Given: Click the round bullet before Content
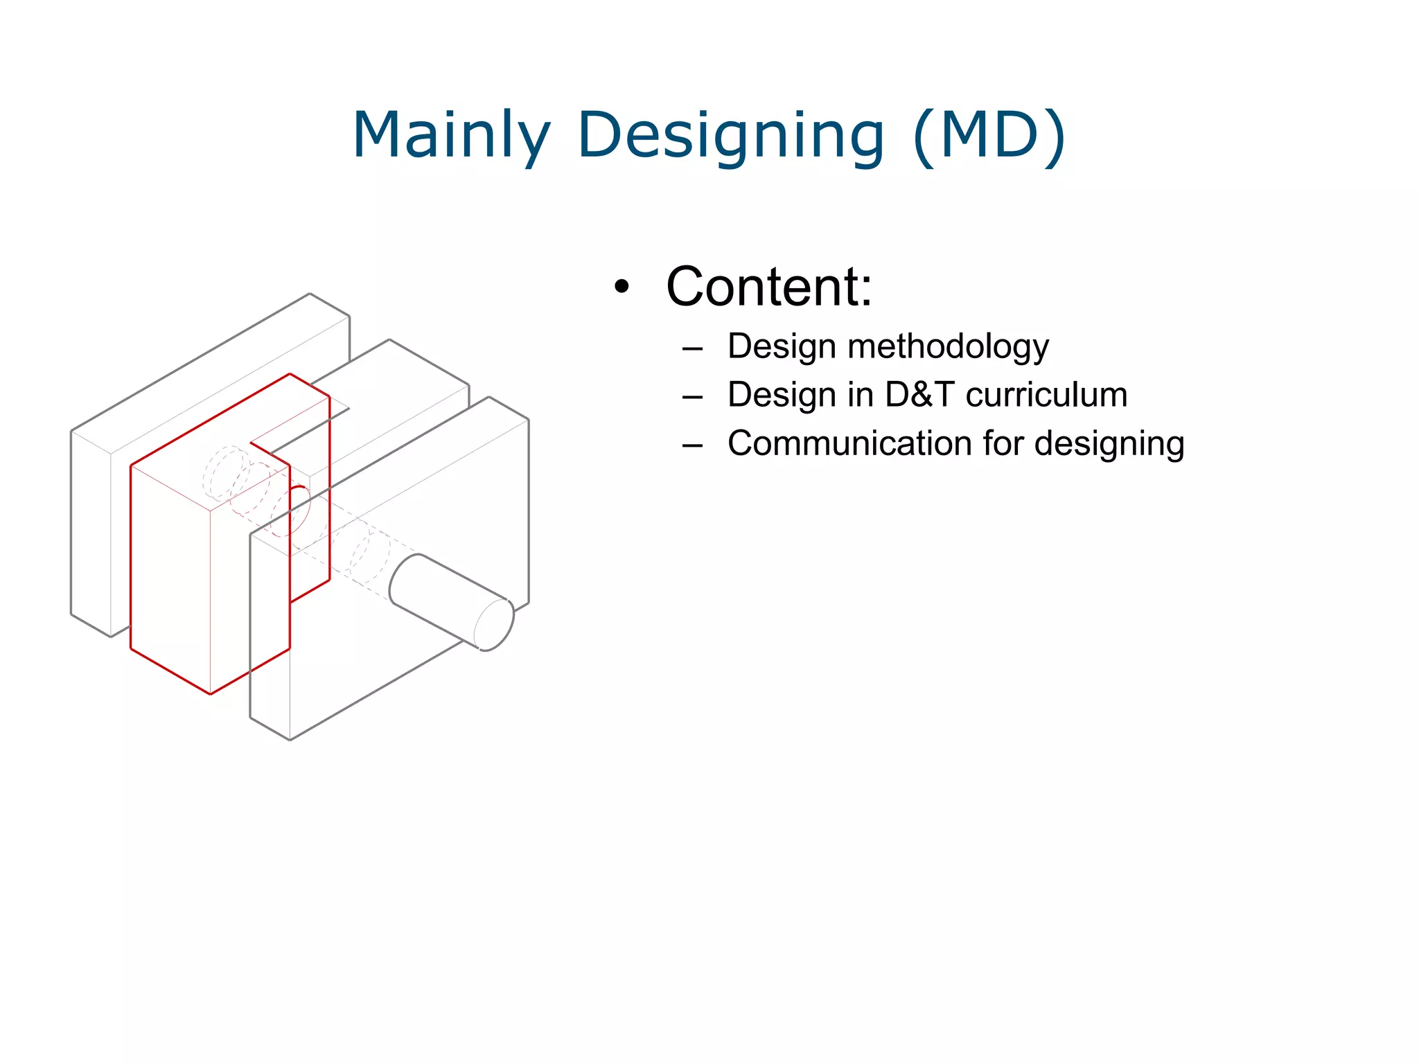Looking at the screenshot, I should pyautogui.click(x=622, y=287).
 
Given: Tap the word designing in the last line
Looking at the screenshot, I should pyautogui.click(x=1109, y=443).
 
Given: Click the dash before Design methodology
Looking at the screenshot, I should pyautogui.click(x=692, y=348).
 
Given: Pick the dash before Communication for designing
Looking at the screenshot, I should pyautogui.click(x=692, y=445).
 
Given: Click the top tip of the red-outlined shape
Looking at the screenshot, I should pyautogui.click(x=290, y=375).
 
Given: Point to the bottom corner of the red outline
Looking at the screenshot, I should pyautogui.click(x=210, y=693).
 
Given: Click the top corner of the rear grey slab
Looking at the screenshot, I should pyautogui.click(x=309, y=294).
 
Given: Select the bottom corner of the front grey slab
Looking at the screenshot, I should pyautogui.click(x=290, y=740).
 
